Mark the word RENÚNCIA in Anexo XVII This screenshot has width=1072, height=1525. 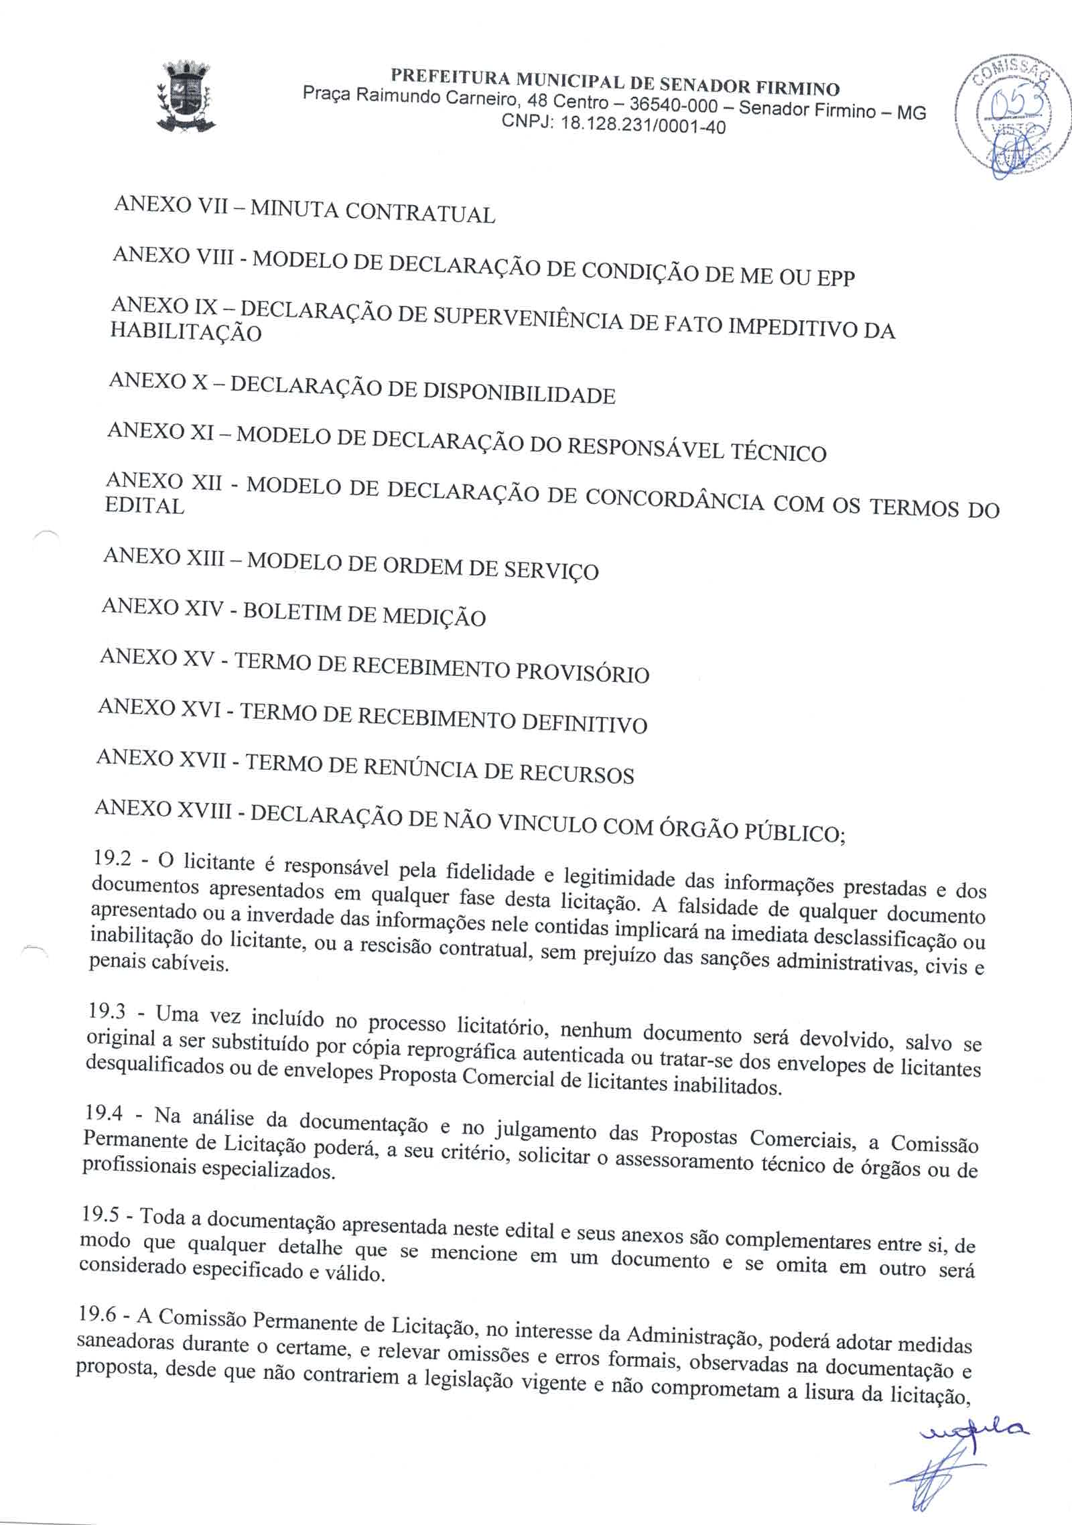(420, 769)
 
